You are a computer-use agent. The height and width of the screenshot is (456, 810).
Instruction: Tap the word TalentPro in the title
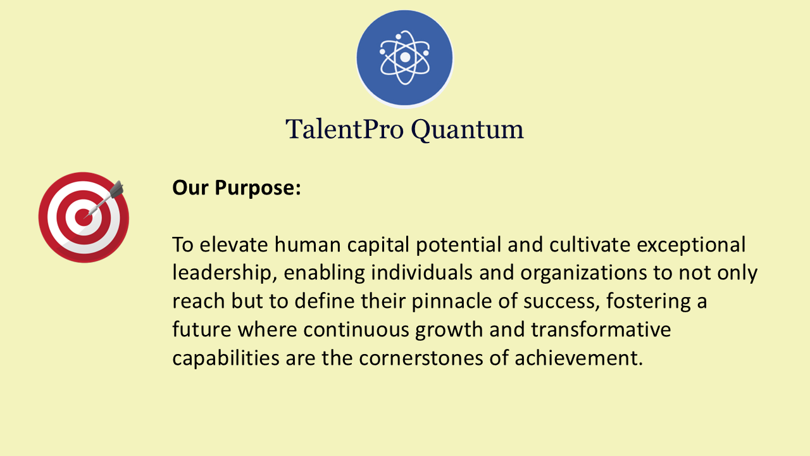pyautogui.click(x=344, y=129)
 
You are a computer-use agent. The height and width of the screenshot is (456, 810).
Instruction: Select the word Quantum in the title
pyautogui.click(x=467, y=130)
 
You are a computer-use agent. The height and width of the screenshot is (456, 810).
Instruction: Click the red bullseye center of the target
pyautogui.click(x=84, y=217)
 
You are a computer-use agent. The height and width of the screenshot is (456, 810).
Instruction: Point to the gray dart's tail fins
pyautogui.click(x=116, y=189)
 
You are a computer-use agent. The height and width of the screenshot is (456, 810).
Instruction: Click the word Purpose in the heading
pyautogui.click(x=258, y=189)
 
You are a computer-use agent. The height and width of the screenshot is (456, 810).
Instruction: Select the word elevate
pyautogui.click(x=234, y=244)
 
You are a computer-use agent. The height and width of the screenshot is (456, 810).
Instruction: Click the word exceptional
pyautogui.click(x=691, y=245)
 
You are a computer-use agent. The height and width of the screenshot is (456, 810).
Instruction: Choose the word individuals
pyautogui.click(x=421, y=272)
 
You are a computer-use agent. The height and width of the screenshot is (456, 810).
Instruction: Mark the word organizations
pyautogui.click(x=583, y=273)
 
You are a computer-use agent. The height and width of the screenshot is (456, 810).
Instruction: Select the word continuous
pyautogui.click(x=356, y=330)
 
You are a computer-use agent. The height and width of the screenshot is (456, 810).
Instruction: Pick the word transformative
pyautogui.click(x=601, y=330)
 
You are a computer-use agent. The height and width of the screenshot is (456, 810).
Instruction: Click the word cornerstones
pyautogui.click(x=421, y=358)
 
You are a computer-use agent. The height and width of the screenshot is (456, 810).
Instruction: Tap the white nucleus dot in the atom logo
pyautogui.click(x=405, y=57)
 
